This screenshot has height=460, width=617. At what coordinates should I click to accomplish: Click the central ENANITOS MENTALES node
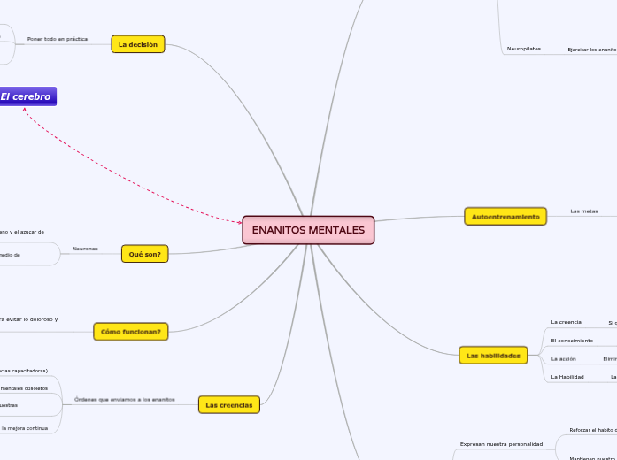pos(308,230)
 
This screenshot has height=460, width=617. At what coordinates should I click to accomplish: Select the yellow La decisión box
pos(138,44)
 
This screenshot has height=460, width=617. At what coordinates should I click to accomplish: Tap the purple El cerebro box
pos(27,96)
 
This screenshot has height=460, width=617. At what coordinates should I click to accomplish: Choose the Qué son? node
pos(143,254)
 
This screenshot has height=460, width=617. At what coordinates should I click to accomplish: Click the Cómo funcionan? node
pos(131,332)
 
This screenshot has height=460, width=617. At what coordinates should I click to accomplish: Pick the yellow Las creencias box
pos(228,405)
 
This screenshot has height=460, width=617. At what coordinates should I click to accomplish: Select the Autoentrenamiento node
pos(505,216)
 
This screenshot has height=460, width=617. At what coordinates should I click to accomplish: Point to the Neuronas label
pos(85,249)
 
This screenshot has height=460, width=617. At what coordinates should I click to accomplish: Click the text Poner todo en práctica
pos(58,39)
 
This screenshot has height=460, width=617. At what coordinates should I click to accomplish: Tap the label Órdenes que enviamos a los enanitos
pos(125,400)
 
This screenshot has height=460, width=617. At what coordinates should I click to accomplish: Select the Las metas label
pos(584,211)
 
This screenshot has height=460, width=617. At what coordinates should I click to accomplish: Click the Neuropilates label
pos(524,49)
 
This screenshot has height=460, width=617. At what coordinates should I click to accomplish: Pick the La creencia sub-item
pos(567,322)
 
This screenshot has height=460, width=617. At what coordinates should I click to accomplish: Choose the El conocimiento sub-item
pos(572,341)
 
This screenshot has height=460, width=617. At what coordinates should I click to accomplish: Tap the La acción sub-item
pos(564,358)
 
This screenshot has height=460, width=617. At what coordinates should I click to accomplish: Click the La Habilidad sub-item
pos(567,377)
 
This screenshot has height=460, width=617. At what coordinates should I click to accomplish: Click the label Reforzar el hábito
pos(591,430)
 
